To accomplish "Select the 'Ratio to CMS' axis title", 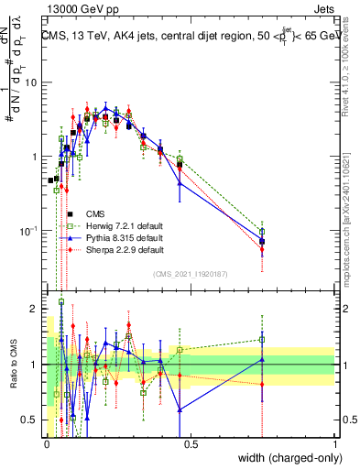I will (11, 365).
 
